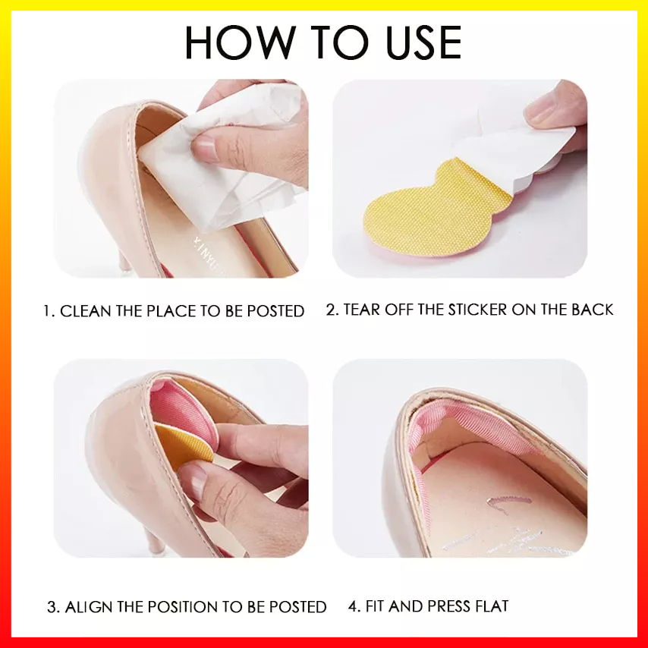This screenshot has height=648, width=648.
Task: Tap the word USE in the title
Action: (423, 42)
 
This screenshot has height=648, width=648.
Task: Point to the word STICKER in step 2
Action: (478, 310)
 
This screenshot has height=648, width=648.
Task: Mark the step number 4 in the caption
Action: (354, 606)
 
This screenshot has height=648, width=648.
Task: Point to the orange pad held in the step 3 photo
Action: (183, 447)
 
